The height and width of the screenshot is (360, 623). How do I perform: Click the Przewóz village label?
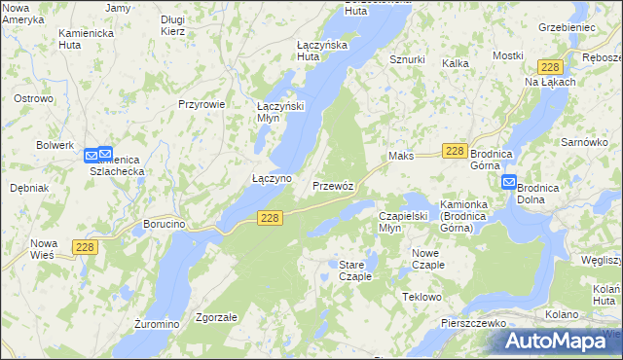click(339, 185)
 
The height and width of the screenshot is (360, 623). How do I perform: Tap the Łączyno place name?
click(272, 179)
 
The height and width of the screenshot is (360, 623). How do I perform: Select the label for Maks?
click(401, 156)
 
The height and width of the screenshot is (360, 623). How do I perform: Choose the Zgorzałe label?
click(217, 317)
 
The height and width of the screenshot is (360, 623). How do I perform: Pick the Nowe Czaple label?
click(421, 259)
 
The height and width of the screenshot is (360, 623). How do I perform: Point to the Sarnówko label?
click(584, 142)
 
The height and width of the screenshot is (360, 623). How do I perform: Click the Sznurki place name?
click(407, 59)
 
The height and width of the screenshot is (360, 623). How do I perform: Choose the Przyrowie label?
click(202, 104)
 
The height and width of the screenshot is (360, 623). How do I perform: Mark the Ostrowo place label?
click(33, 99)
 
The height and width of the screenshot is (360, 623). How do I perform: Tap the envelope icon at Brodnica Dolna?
click(509, 182)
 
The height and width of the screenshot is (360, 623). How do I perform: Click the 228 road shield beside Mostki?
click(550, 66)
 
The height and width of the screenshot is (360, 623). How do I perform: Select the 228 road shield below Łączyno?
click(272, 220)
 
